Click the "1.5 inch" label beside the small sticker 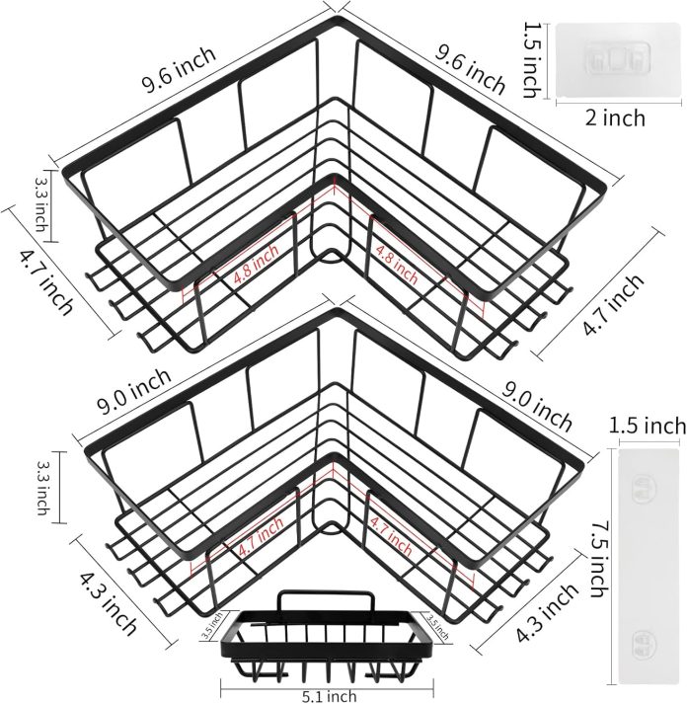530,59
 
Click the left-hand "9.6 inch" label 179,72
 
